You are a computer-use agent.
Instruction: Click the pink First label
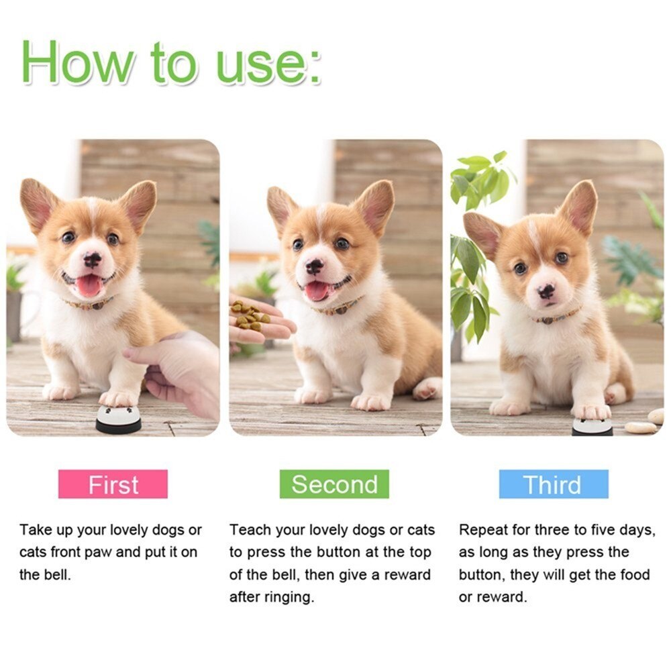(x=113, y=484)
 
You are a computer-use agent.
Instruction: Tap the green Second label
(x=334, y=484)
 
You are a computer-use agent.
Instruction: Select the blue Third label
(x=553, y=484)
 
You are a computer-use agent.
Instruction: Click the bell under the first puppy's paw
(x=118, y=420)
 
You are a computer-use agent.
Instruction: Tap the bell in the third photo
(x=592, y=425)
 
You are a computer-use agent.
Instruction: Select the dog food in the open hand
(x=249, y=315)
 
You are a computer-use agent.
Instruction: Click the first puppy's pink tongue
(x=89, y=286)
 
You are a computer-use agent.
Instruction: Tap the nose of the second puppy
(x=314, y=266)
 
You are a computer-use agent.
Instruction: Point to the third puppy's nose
(x=547, y=291)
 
